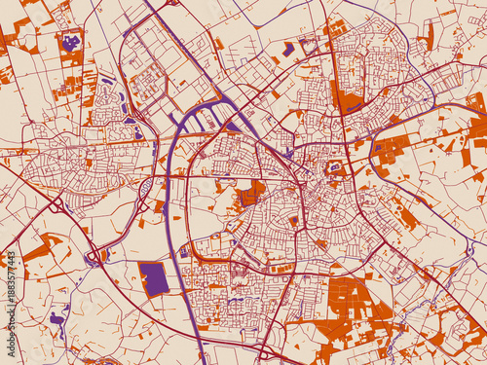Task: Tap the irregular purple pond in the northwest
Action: pyautogui.click(x=70, y=43)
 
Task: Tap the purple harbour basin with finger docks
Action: pyautogui.click(x=209, y=119)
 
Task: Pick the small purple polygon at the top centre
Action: pyautogui.click(x=288, y=48)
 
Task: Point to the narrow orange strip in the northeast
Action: pyautogui.click(x=429, y=36)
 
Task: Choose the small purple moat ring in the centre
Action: pyautogui.click(x=334, y=167)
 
